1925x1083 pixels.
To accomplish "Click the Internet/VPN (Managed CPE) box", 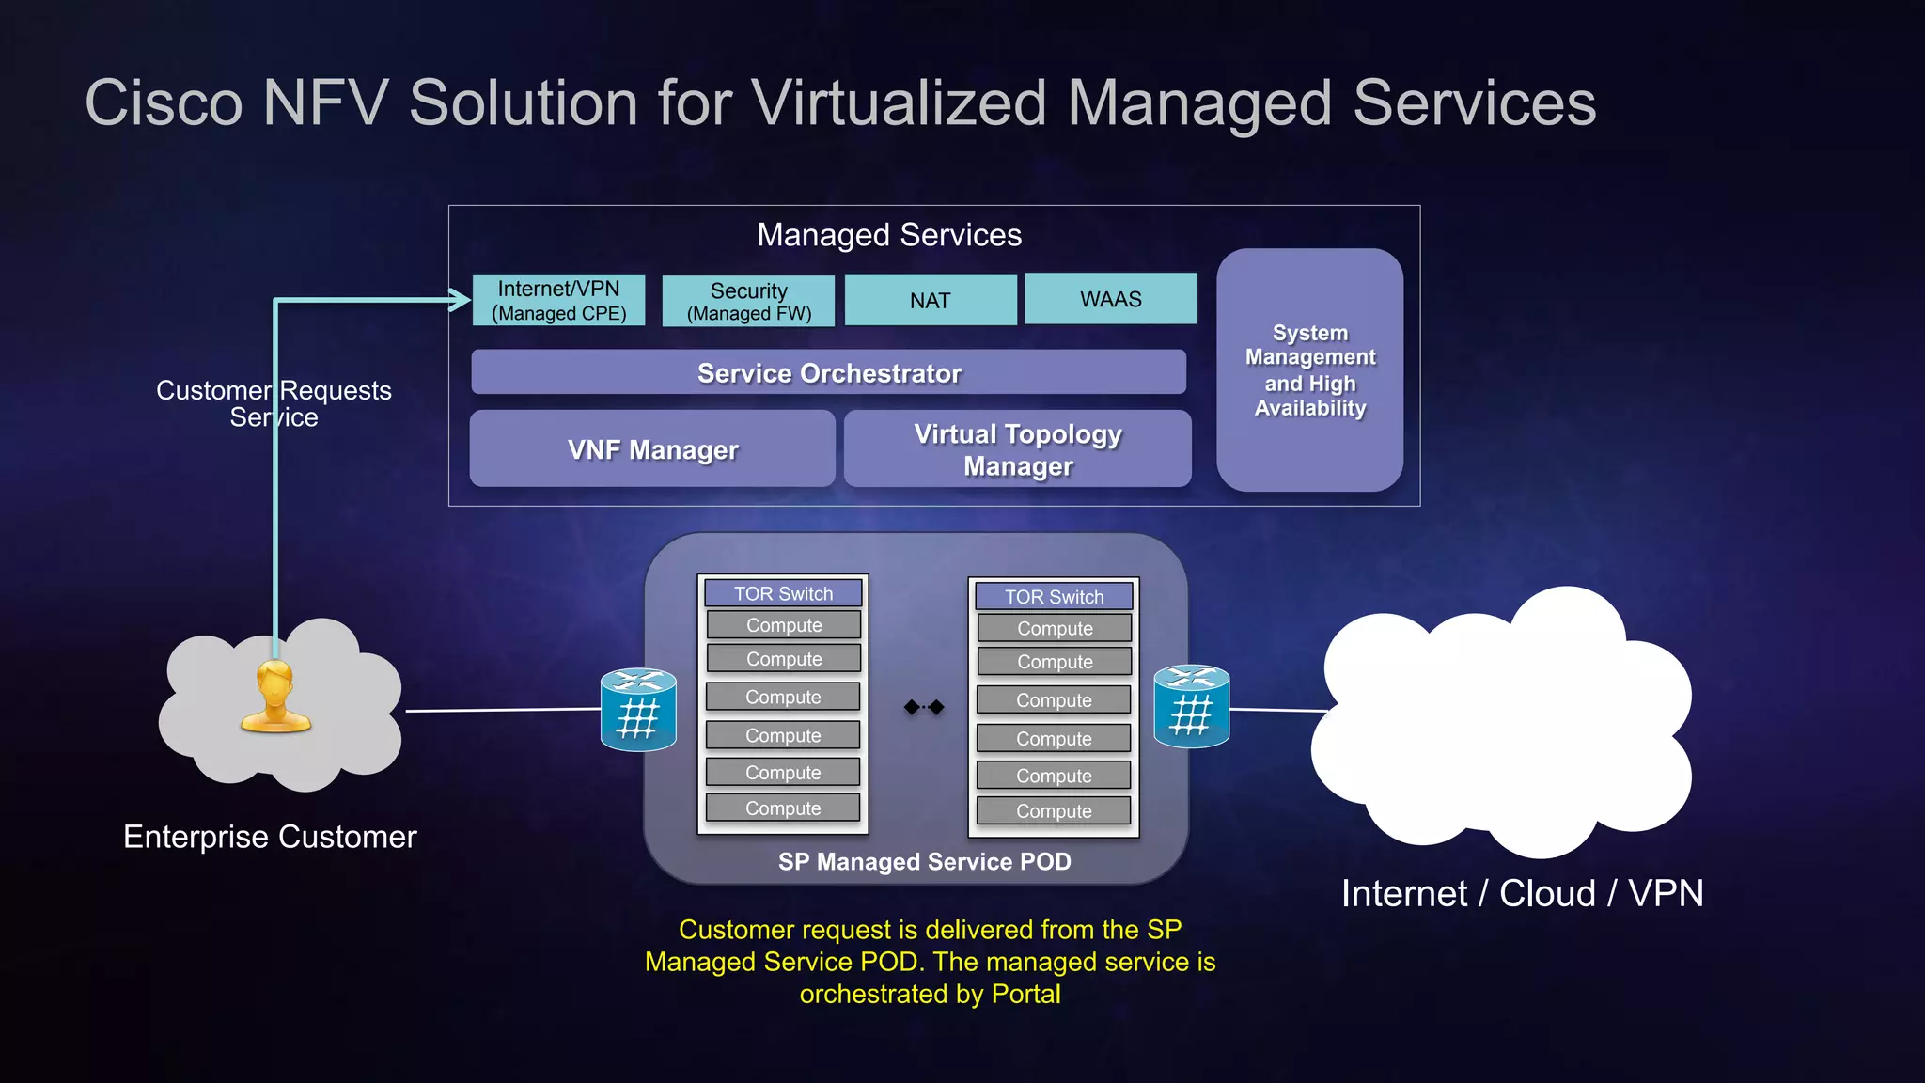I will [558, 301].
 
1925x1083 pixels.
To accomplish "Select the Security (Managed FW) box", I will [748, 302].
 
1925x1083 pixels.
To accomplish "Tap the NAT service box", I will [931, 301].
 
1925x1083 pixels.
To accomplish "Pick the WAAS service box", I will [1111, 299].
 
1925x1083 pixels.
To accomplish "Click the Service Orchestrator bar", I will [828, 372].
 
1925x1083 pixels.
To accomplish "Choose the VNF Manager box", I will [652, 449].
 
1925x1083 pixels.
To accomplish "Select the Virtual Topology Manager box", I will [1018, 449].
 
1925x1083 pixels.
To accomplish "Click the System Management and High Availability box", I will [1309, 370].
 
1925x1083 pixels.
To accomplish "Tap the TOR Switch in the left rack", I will [783, 593].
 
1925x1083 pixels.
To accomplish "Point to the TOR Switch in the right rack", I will [1054, 596].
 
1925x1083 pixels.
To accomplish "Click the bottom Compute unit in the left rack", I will [783, 808].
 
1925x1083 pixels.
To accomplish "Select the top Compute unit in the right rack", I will [1055, 628].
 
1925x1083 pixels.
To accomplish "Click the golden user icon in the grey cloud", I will [275, 697].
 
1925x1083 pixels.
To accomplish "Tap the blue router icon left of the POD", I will [638, 710].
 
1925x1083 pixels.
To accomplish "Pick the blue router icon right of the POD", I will [1191, 707].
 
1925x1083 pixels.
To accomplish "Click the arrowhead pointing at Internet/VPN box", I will [461, 301].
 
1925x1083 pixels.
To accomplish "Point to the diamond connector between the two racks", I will [924, 707].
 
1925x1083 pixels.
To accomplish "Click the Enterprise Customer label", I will [270, 837].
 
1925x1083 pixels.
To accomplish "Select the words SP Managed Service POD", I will [924, 862].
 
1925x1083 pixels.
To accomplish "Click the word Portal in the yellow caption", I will [1025, 994].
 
